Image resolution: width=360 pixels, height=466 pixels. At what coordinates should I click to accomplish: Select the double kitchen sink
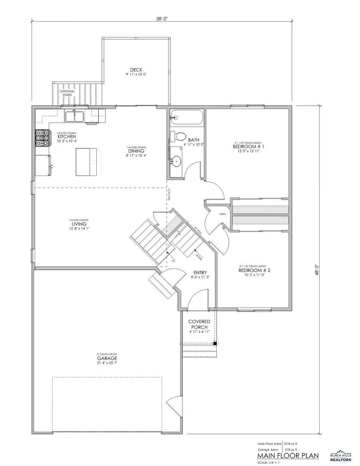pos(75,116)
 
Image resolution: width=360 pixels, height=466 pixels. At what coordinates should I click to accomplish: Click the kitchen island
pos(86,161)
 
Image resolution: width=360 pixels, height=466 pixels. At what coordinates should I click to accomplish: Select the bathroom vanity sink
pos(176,161)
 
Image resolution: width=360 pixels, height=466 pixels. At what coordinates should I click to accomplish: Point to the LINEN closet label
pos(223,214)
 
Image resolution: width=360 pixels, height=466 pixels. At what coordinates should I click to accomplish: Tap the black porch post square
pos(215,343)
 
